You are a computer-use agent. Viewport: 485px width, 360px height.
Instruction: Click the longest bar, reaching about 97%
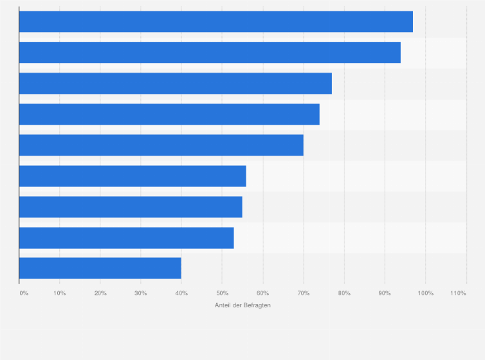click(x=215, y=22)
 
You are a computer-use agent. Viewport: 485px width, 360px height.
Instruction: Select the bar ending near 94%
click(x=210, y=53)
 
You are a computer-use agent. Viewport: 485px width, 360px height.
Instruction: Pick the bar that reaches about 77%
click(x=175, y=84)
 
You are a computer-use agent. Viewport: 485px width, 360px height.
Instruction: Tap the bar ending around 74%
click(x=169, y=114)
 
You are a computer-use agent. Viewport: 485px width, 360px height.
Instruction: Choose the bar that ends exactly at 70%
click(x=161, y=145)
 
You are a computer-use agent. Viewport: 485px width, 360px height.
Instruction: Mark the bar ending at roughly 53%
click(x=126, y=238)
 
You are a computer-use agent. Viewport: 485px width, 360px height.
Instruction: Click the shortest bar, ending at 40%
click(x=100, y=268)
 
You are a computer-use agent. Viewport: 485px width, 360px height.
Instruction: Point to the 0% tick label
click(x=24, y=293)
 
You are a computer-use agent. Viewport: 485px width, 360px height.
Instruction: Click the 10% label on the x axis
click(x=60, y=293)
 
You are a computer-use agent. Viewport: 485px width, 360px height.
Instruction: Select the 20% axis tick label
click(x=100, y=293)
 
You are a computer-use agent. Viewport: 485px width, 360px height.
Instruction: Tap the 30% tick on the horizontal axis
click(x=141, y=293)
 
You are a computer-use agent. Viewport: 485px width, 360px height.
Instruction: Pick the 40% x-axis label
click(x=181, y=293)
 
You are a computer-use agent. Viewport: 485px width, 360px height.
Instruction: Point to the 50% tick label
click(x=222, y=293)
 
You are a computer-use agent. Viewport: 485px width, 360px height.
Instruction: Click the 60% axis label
click(x=262, y=293)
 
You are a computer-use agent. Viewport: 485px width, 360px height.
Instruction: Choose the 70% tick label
click(x=304, y=293)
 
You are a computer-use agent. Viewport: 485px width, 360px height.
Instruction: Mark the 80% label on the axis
click(x=344, y=293)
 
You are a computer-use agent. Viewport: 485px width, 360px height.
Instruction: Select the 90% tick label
click(x=385, y=293)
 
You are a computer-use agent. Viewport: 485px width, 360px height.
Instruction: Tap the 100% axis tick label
click(x=426, y=293)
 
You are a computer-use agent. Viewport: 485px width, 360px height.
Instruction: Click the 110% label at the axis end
click(x=458, y=293)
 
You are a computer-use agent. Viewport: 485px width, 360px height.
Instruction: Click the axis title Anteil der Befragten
click(x=243, y=305)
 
